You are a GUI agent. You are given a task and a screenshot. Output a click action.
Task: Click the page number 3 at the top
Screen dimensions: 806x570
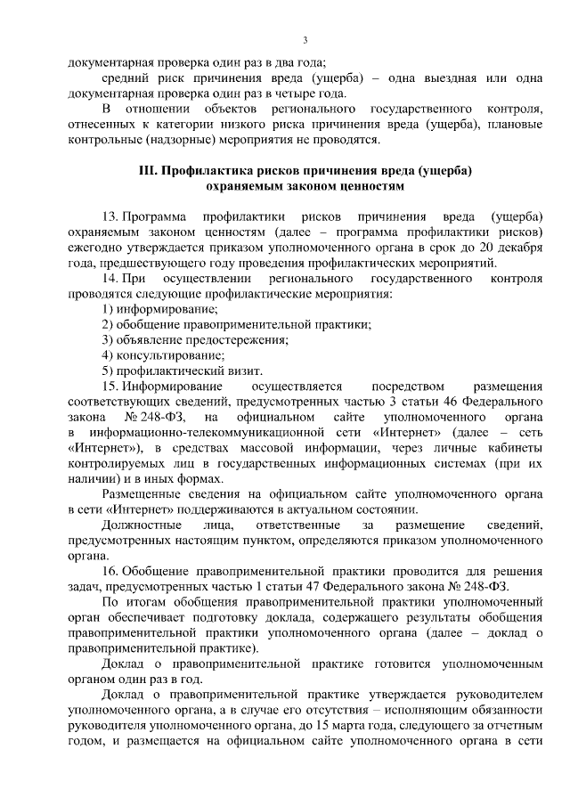305,40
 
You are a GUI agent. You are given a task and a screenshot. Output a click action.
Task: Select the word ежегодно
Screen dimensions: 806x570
97,249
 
